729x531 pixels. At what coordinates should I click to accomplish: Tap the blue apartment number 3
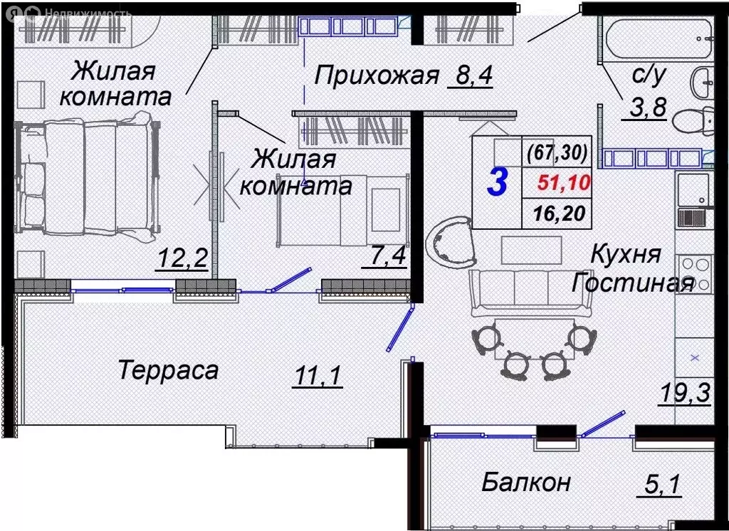(497, 182)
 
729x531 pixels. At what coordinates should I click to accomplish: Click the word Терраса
(168, 370)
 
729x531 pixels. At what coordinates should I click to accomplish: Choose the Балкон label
(526, 482)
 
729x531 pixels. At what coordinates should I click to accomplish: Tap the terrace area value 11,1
(317, 372)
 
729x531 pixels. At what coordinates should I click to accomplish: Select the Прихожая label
(377, 74)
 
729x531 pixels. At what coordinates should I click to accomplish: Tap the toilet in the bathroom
(694, 122)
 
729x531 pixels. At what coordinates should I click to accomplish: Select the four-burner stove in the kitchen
(694, 273)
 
